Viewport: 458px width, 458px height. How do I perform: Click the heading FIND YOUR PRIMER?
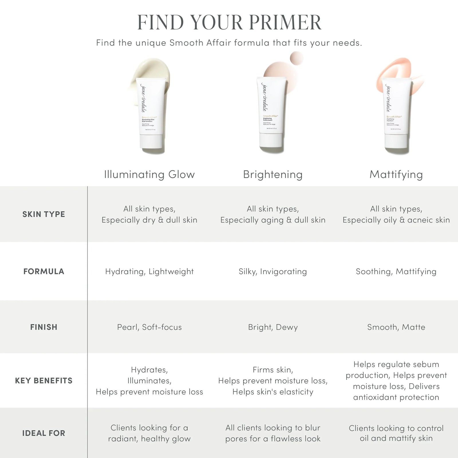tap(229, 22)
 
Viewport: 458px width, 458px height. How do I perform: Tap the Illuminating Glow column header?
tap(149, 174)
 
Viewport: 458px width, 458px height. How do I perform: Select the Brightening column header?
tap(273, 174)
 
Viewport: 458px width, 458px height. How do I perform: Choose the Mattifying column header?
tap(396, 174)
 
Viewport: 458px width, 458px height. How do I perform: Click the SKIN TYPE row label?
tap(44, 214)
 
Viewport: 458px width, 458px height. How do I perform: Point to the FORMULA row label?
tap(44, 271)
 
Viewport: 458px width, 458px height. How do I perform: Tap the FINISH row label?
tap(44, 327)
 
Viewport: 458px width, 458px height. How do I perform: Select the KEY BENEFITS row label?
tap(44, 380)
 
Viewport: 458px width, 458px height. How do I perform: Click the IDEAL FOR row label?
tap(44, 433)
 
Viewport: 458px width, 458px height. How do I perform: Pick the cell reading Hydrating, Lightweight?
tap(149, 271)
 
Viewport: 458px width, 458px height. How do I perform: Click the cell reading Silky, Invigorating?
tap(273, 271)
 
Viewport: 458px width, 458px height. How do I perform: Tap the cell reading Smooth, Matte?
tap(396, 327)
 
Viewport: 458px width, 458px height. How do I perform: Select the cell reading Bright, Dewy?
tap(273, 327)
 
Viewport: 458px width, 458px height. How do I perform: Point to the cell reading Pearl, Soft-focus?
tap(149, 327)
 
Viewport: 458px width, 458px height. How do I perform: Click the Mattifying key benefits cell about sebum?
tap(396, 380)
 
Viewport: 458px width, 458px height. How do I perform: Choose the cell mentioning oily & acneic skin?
tap(396, 214)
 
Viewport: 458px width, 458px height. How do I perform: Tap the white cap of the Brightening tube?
tap(271, 142)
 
